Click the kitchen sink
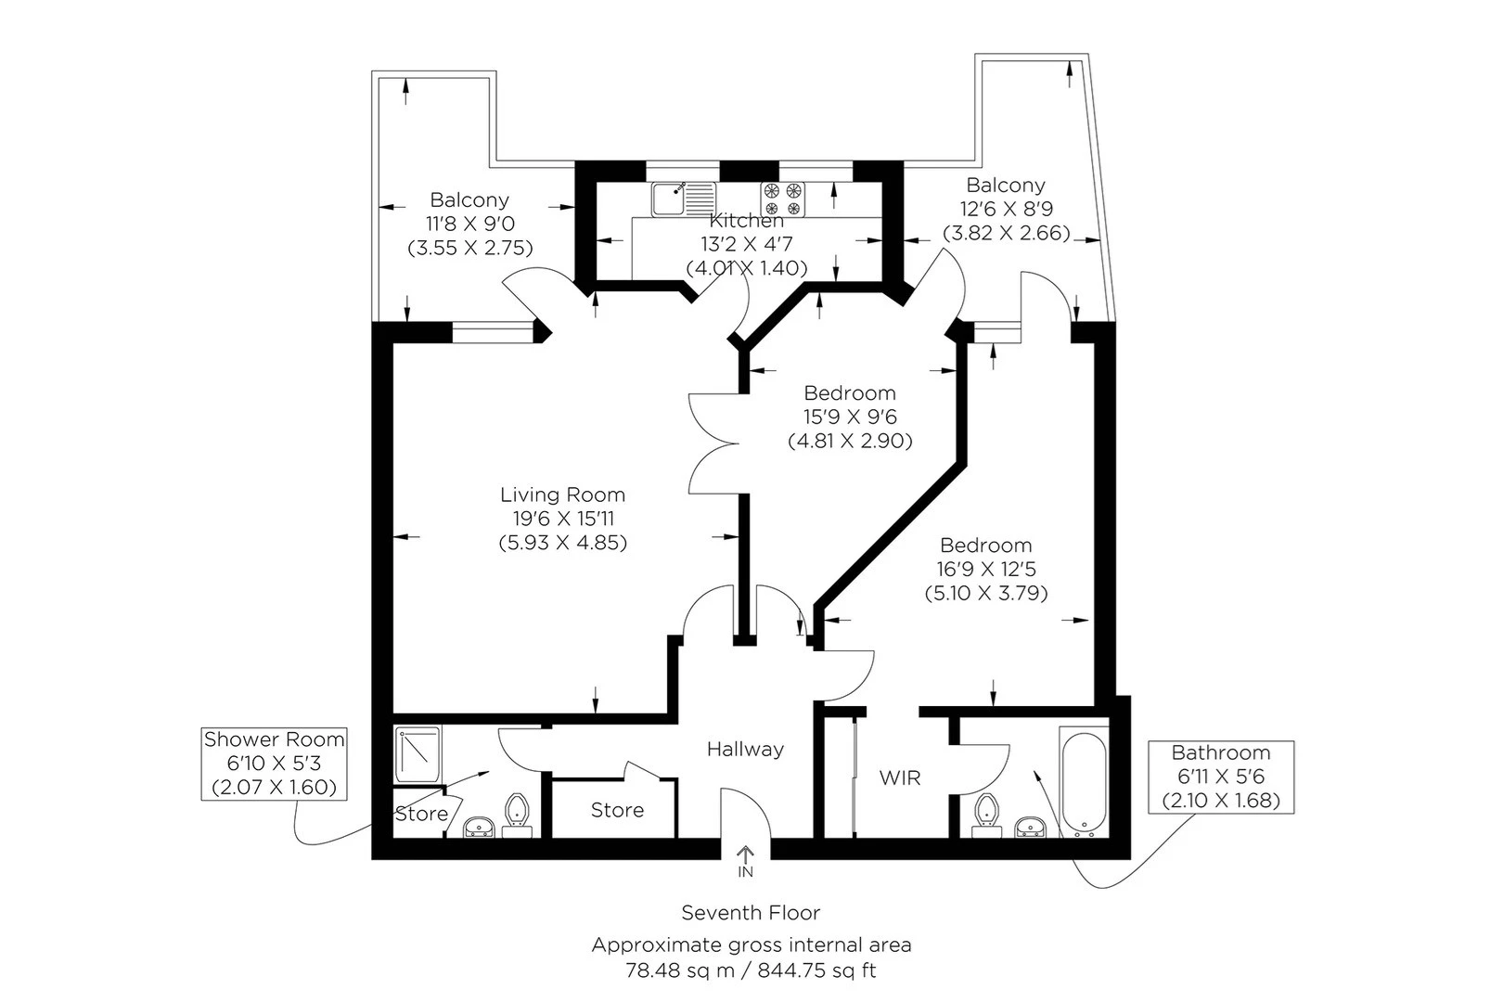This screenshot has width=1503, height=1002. [x=684, y=199]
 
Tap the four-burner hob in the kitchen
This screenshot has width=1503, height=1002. [x=783, y=199]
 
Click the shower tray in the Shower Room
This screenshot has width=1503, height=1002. [x=418, y=754]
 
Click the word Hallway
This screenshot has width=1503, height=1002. [x=745, y=749]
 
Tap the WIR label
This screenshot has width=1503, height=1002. [x=900, y=777]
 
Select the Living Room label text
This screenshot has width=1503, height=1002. [x=562, y=495]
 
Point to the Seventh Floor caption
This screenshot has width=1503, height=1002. [x=751, y=913]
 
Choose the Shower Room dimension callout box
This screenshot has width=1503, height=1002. [x=275, y=764]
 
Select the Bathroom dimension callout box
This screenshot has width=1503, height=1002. [x=1221, y=777]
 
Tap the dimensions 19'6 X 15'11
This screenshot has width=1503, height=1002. [x=564, y=518]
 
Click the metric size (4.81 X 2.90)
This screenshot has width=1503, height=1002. [x=850, y=441]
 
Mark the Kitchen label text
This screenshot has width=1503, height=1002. [x=746, y=220]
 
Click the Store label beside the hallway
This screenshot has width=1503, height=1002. [x=617, y=810]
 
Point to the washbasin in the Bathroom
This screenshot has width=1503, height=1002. [x=1029, y=827]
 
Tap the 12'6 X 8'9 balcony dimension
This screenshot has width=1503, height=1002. [x=1007, y=209]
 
